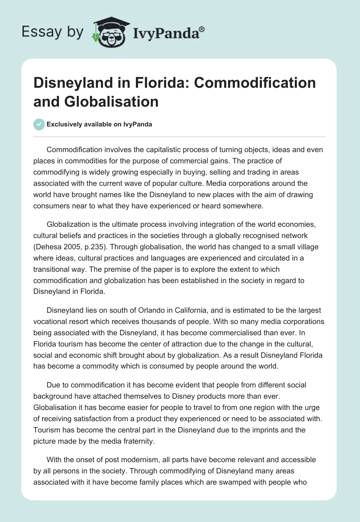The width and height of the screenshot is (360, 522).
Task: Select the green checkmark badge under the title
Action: pos(39,124)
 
